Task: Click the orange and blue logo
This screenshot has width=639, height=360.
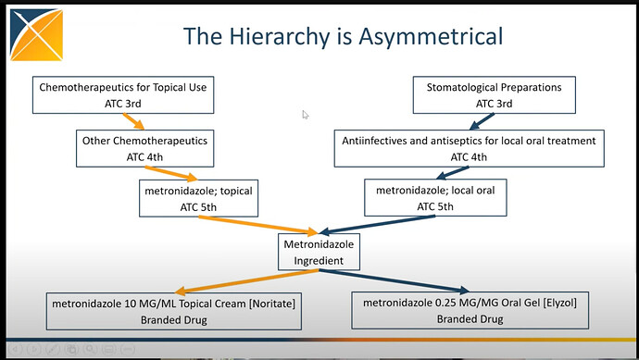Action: coord(37,35)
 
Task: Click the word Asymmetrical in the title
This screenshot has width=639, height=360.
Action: coord(431,37)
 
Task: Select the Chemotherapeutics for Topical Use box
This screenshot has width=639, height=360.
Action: coord(123,95)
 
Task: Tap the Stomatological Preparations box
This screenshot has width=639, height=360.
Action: coord(494,95)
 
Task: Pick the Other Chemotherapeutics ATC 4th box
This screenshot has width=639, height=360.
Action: coord(144,149)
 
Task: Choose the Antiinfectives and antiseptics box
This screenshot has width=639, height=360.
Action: coord(469,149)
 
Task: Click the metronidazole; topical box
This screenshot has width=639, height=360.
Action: coord(198,198)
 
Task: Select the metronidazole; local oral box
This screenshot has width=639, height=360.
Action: coord(435,197)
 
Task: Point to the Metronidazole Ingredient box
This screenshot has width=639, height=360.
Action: coord(319,252)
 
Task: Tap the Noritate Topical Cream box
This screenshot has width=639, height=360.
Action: coord(174,311)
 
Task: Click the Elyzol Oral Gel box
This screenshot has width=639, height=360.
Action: coord(470,310)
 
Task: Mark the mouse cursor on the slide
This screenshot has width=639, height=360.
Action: coord(306,115)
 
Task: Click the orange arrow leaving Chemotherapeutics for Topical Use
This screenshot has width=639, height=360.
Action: coord(133,121)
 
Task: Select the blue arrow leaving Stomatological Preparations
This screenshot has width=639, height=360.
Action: coord(482,121)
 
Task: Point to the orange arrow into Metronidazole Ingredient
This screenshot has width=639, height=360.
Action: coord(258,225)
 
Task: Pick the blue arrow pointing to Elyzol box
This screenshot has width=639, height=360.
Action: coord(395,281)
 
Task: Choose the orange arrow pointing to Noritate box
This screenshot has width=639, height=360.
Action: coord(247,281)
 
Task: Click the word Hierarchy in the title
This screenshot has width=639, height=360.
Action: coord(280,37)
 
